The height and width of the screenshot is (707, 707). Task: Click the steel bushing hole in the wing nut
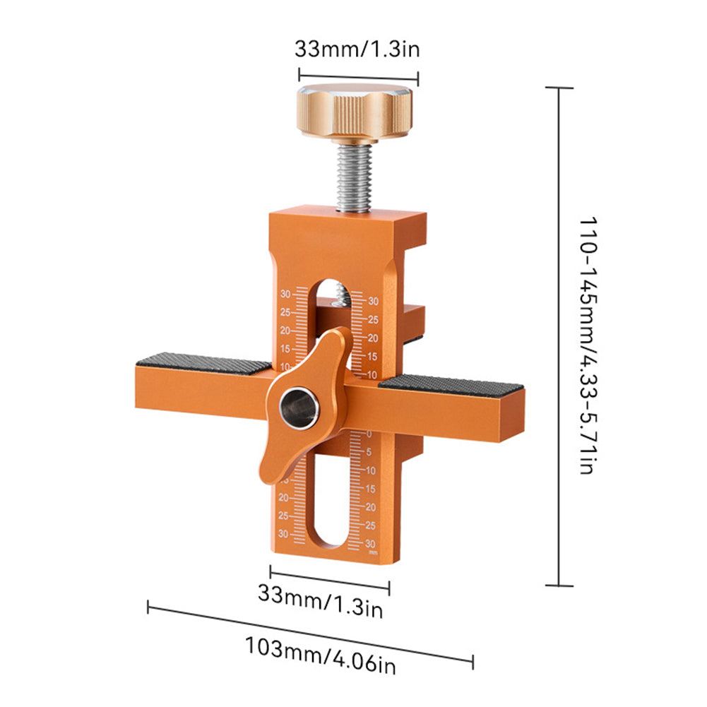click(299, 408)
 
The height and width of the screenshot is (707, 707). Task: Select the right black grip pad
click(453, 385)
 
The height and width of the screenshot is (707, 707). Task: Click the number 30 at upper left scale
click(285, 295)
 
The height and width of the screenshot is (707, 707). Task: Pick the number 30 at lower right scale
click(371, 544)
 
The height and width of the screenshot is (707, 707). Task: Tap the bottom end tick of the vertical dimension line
click(559, 585)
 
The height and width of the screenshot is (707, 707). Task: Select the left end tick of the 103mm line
click(148, 606)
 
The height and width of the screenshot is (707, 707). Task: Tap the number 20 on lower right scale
click(371, 507)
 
